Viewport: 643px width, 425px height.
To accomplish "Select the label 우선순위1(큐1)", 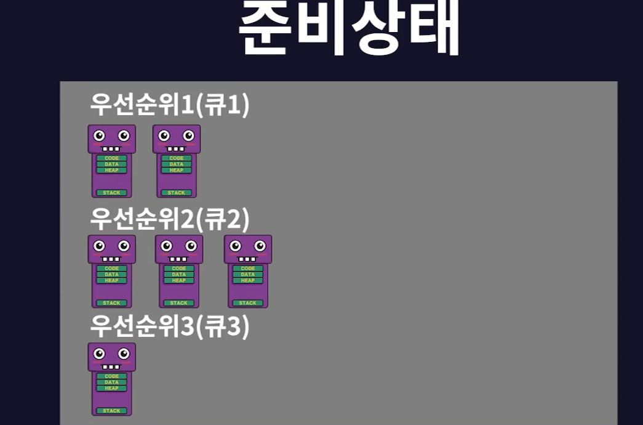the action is [170, 105].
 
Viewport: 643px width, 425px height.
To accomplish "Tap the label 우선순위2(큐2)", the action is [170, 217].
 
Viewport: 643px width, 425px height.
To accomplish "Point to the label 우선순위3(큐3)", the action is [170, 326].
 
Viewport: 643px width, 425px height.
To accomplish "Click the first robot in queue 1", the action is [111, 161].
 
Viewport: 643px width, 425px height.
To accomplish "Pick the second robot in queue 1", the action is [177, 161].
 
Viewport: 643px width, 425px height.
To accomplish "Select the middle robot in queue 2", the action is [179, 271].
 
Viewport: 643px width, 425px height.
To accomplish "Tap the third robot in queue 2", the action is [248, 271].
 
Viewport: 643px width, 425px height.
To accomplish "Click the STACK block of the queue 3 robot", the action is [111, 411].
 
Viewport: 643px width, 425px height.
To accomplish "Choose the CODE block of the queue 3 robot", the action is [111, 376].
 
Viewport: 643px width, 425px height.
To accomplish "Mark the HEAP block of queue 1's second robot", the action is [177, 170].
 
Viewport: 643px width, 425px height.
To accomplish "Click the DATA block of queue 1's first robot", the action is [111, 164].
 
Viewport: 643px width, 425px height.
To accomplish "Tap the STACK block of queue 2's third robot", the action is [248, 303].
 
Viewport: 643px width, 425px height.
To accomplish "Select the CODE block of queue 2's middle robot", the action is [179, 269].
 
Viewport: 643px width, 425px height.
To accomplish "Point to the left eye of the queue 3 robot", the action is [100, 354].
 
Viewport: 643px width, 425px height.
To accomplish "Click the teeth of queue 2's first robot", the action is [111, 259].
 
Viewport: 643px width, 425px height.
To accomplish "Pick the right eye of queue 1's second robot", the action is [189, 136].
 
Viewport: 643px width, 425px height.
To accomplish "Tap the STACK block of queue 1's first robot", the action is [111, 193].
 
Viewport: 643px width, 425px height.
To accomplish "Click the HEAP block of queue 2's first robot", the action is [111, 280].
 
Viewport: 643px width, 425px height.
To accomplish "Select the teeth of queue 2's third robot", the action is [248, 259].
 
